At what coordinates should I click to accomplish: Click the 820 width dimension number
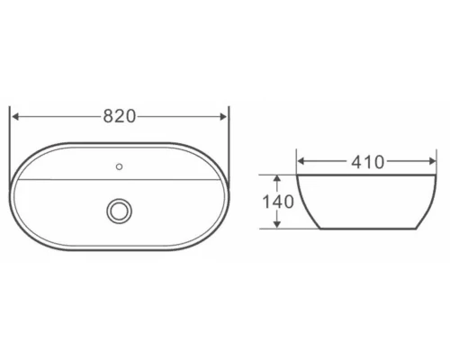pyautogui.click(x=119, y=116)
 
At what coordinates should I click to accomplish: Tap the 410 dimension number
pyautogui.click(x=367, y=162)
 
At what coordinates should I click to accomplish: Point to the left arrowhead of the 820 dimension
pyautogui.click(x=15, y=116)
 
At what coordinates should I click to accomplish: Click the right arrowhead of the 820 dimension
pyautogui.click(x=224, y=116)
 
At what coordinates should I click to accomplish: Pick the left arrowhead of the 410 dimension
pyautogui.click(x=302, y=162)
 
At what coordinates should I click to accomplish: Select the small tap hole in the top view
pyautogui.click(x=120, y=165)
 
